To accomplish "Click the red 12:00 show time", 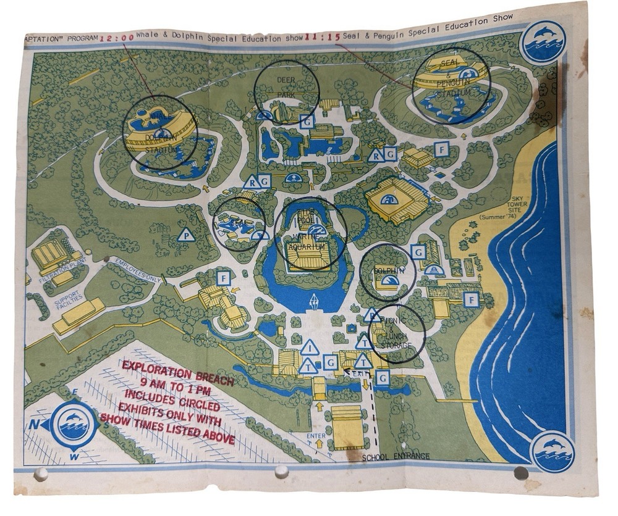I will [117, 37].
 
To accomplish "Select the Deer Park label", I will [286, 87].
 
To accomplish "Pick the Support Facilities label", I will [69, 302].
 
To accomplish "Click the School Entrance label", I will [396, 457].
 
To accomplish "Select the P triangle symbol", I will [185, 235].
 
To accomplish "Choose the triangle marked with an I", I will [309, 349].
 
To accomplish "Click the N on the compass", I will [33, 424].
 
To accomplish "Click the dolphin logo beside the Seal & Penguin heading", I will [542, 41].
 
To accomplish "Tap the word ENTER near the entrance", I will [316, 436].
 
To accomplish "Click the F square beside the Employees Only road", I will [223, 278].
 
